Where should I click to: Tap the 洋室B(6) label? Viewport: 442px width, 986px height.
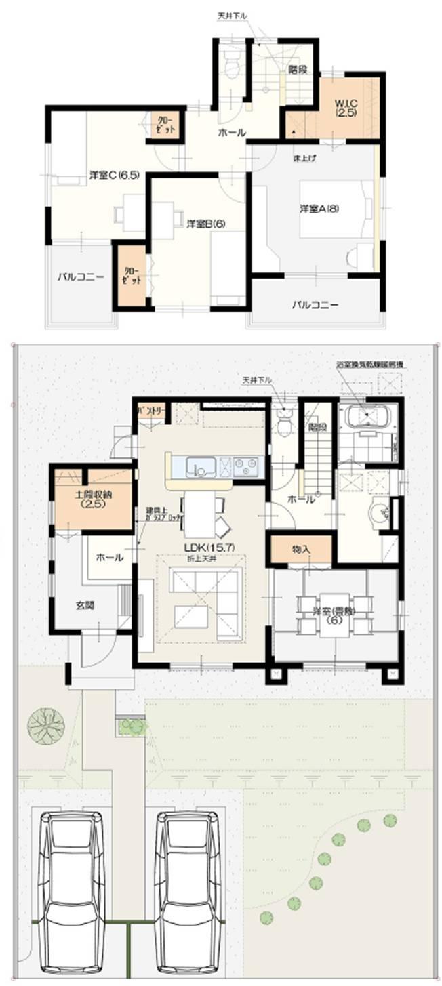[206, 222]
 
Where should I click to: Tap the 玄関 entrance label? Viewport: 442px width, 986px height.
[85, 605]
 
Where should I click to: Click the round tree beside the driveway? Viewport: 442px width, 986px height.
[46, 724]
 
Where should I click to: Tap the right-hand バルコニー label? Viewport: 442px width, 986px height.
[315, 304]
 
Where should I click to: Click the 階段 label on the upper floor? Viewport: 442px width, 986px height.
[296, 68]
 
